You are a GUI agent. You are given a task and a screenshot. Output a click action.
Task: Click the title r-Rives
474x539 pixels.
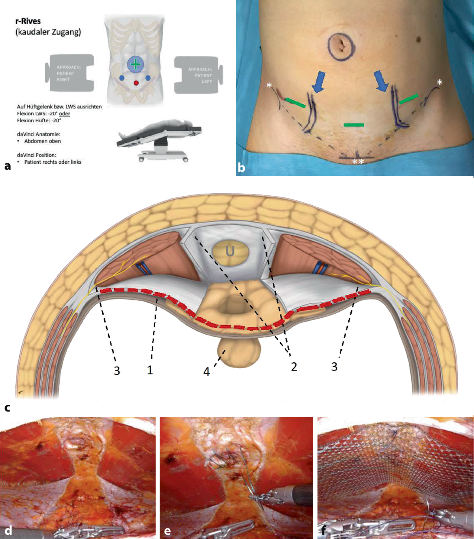coord(28,21)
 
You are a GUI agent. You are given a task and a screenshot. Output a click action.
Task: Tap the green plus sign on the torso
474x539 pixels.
coord(135,64)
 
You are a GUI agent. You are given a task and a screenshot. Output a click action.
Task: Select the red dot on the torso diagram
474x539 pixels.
coord(136,83)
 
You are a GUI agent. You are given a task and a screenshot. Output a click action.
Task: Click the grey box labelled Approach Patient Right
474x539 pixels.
coord(70,73)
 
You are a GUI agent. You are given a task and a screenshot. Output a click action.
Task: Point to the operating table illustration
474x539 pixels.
coord(160,140)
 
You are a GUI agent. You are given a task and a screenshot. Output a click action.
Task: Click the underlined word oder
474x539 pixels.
coord(65,114)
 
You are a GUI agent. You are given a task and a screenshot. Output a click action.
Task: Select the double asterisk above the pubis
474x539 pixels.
coord(358,162)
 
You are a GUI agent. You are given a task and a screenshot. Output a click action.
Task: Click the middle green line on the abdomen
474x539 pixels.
coord(354,125)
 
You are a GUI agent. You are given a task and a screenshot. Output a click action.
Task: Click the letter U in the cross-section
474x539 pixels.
coord(230,251)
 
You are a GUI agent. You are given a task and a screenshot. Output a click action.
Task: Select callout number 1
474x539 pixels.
coord(150,370)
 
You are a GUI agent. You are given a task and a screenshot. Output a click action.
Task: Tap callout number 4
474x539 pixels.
coord(206,372)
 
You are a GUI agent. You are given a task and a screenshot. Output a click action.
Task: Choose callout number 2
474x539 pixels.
coord(294,367)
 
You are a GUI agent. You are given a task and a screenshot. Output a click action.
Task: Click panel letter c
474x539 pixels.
coord(7,408)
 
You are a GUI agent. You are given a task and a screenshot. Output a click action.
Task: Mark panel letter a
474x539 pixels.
coord(8,166)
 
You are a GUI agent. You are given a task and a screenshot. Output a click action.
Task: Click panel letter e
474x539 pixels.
coord(167,531)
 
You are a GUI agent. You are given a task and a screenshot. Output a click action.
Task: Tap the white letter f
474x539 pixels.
coord(324,530)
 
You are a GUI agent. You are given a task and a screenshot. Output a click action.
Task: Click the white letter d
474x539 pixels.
coord(8,530)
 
